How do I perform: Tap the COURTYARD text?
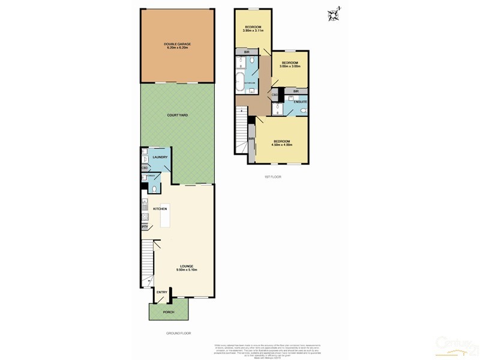(x=177, y=115)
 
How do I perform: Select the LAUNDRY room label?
(x=160, y=157)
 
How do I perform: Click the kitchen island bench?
(x=164, y=215)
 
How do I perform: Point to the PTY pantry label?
(x=145, y=227)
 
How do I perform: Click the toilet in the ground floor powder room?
(x=154, y=189)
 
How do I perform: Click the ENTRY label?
(x=163, y=292)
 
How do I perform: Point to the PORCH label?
(x=169, y=312)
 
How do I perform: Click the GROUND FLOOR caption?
(x=178, y=333)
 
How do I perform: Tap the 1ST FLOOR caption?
(x=272, y=177)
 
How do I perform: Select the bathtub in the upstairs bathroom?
(x=241, y=83)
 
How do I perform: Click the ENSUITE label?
(x=300, y=102)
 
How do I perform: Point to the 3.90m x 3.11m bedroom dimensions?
(x=253, y=31)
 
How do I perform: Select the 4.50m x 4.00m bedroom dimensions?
(x=281, y=145)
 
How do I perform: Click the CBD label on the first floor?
(x=274, y=95)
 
